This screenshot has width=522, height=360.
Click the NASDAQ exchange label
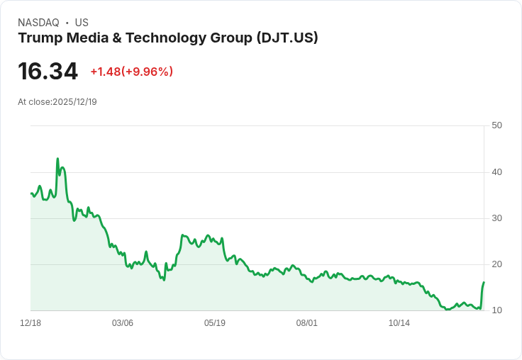point(38,23)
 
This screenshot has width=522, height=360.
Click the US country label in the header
point(82,23)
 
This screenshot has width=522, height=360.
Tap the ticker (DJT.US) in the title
point(287,38)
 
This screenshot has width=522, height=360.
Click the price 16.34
point(48,72)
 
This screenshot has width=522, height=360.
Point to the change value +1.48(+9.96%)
point(131,72)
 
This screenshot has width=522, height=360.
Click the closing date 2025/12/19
point(74,102)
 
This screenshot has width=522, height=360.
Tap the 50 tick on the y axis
point(496,125)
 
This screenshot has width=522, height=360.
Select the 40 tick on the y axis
point(496,171)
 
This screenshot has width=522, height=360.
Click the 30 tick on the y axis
point(496,218)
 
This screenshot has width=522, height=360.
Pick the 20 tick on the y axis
point(496,264)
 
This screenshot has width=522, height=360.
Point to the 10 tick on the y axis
point(496,310)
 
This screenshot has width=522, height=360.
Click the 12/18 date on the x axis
point(30,323)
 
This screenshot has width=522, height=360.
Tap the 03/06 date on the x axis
point(123,323)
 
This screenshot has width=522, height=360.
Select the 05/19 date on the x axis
point(215,323)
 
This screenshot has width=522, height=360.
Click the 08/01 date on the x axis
point(307,323)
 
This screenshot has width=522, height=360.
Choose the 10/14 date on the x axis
point(399,323)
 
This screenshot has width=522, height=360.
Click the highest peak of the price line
point(57,159)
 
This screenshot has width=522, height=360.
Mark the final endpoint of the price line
point(484,282)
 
